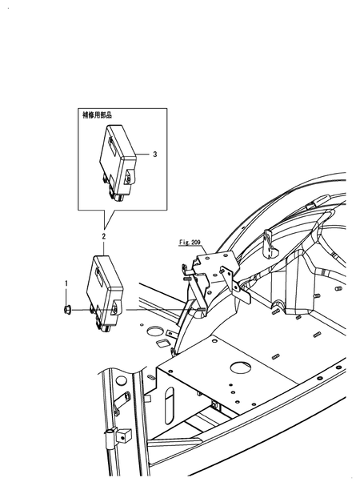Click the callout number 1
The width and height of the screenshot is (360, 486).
point(66,283)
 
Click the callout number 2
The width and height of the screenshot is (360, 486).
point(104,236)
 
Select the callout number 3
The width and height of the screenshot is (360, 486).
point(155,154)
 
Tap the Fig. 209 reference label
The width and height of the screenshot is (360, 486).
point(190,242)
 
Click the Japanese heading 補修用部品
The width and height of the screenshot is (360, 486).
point(97,115)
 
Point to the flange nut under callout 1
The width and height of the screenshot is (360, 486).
point(66,309)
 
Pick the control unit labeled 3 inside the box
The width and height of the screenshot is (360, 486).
point(118,162)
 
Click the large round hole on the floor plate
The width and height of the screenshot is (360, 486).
point(241,368)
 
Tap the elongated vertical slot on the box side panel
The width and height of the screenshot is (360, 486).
point(169,405)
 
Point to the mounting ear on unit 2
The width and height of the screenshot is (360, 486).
point(117,308)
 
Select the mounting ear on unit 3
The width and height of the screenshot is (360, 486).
point(130,178)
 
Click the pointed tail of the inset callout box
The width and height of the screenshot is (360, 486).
point(106,228)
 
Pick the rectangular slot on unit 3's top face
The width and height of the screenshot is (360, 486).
point(113,145)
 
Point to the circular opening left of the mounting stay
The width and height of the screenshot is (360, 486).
point(155,331)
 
